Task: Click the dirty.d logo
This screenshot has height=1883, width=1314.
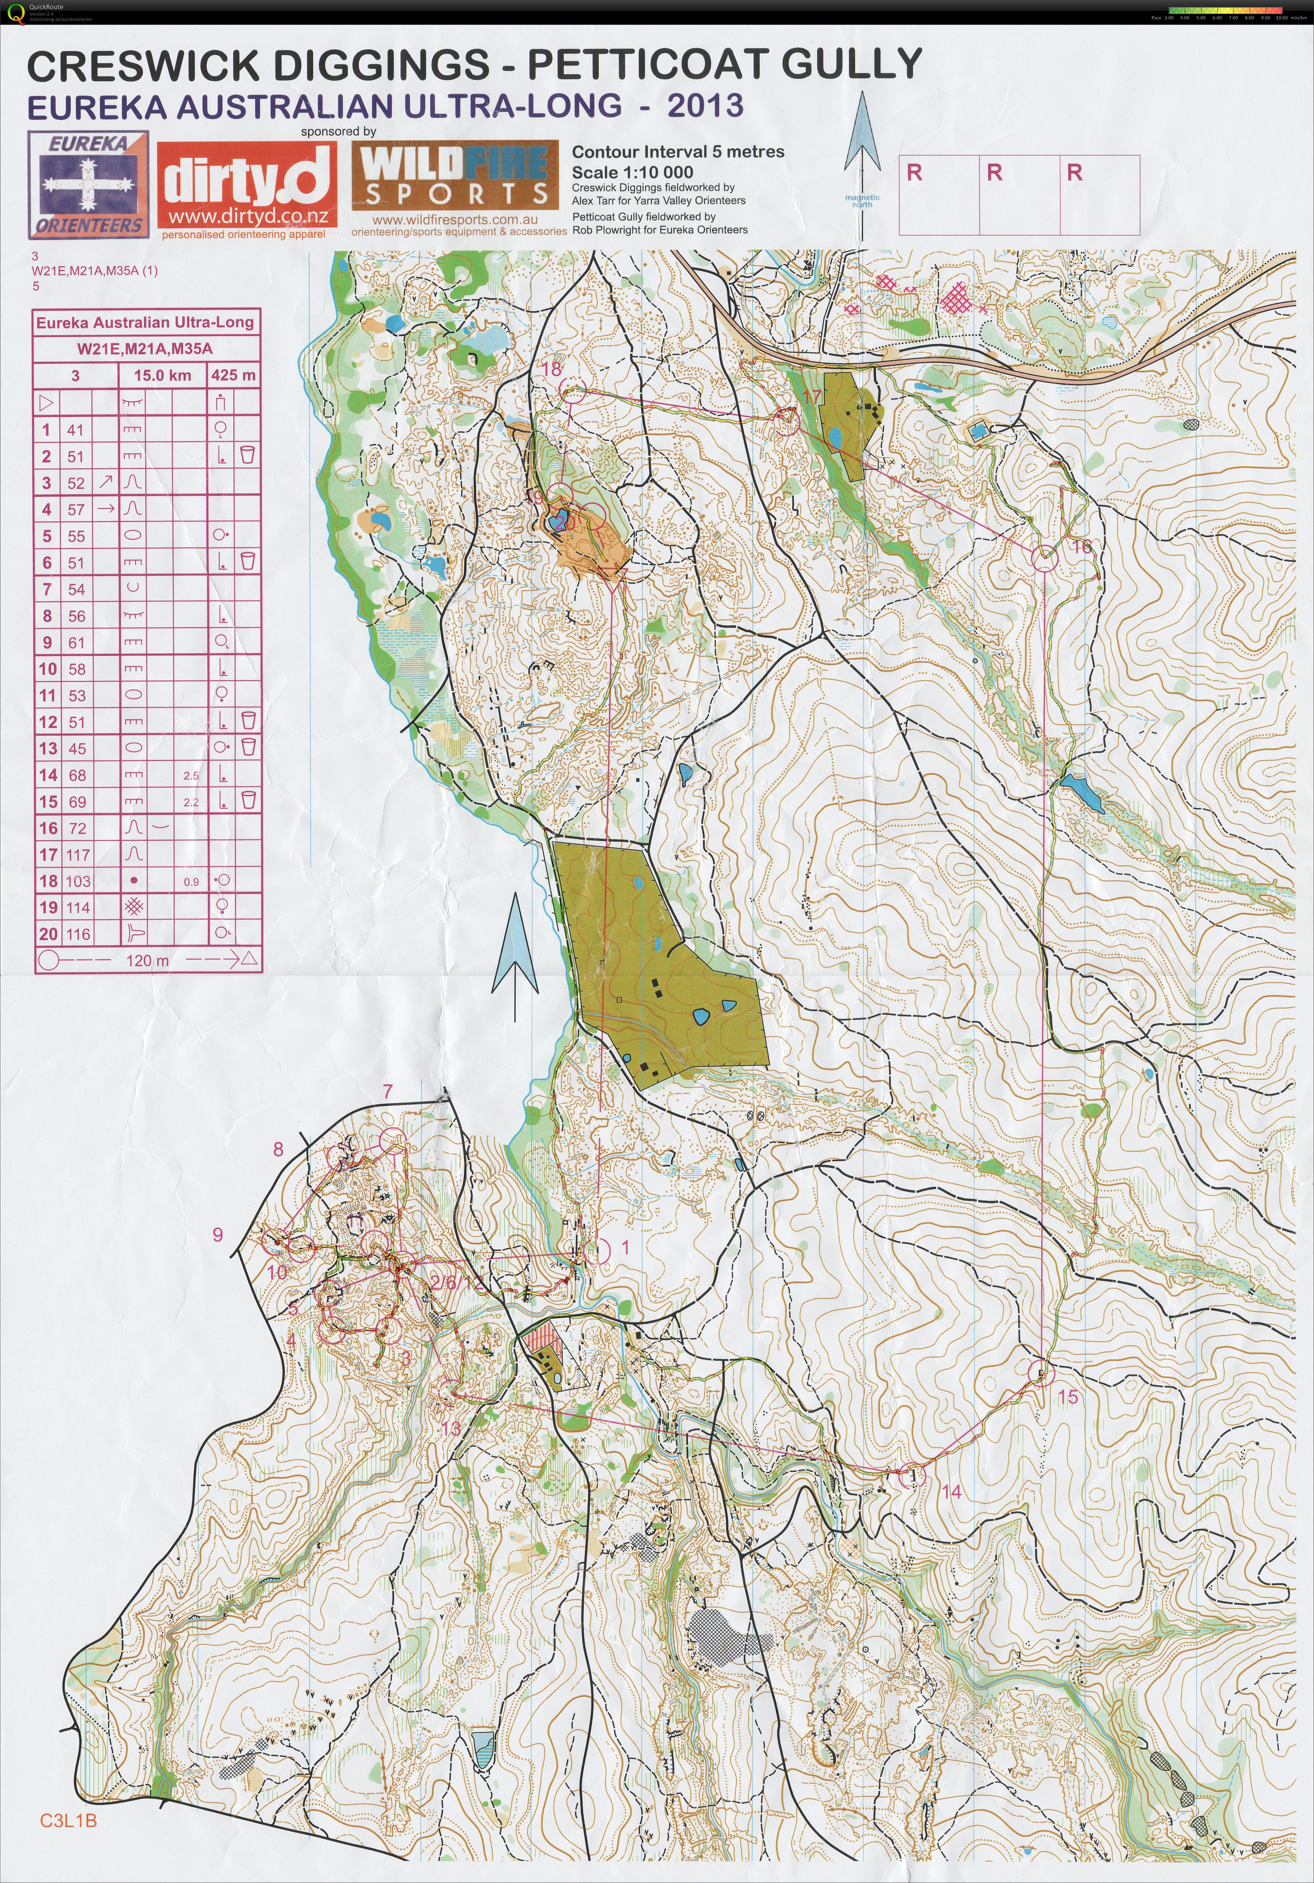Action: (x=247, y=187)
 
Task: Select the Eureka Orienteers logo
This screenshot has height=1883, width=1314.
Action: (x=88, y=184)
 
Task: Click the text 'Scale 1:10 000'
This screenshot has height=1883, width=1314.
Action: (x=632, y=172)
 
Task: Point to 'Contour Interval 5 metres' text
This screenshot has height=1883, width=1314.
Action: (x=678, y=152)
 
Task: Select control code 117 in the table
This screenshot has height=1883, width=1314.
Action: (x=78, y=855)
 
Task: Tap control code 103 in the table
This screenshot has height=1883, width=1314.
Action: (x=78, y=881)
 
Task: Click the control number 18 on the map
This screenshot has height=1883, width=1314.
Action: (x=551, y=370)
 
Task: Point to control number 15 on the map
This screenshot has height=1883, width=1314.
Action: (x=1068, y=1397)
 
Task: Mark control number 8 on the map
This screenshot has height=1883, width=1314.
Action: (x=278, y=1149)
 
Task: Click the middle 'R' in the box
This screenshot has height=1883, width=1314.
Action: (x=994, y=173)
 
